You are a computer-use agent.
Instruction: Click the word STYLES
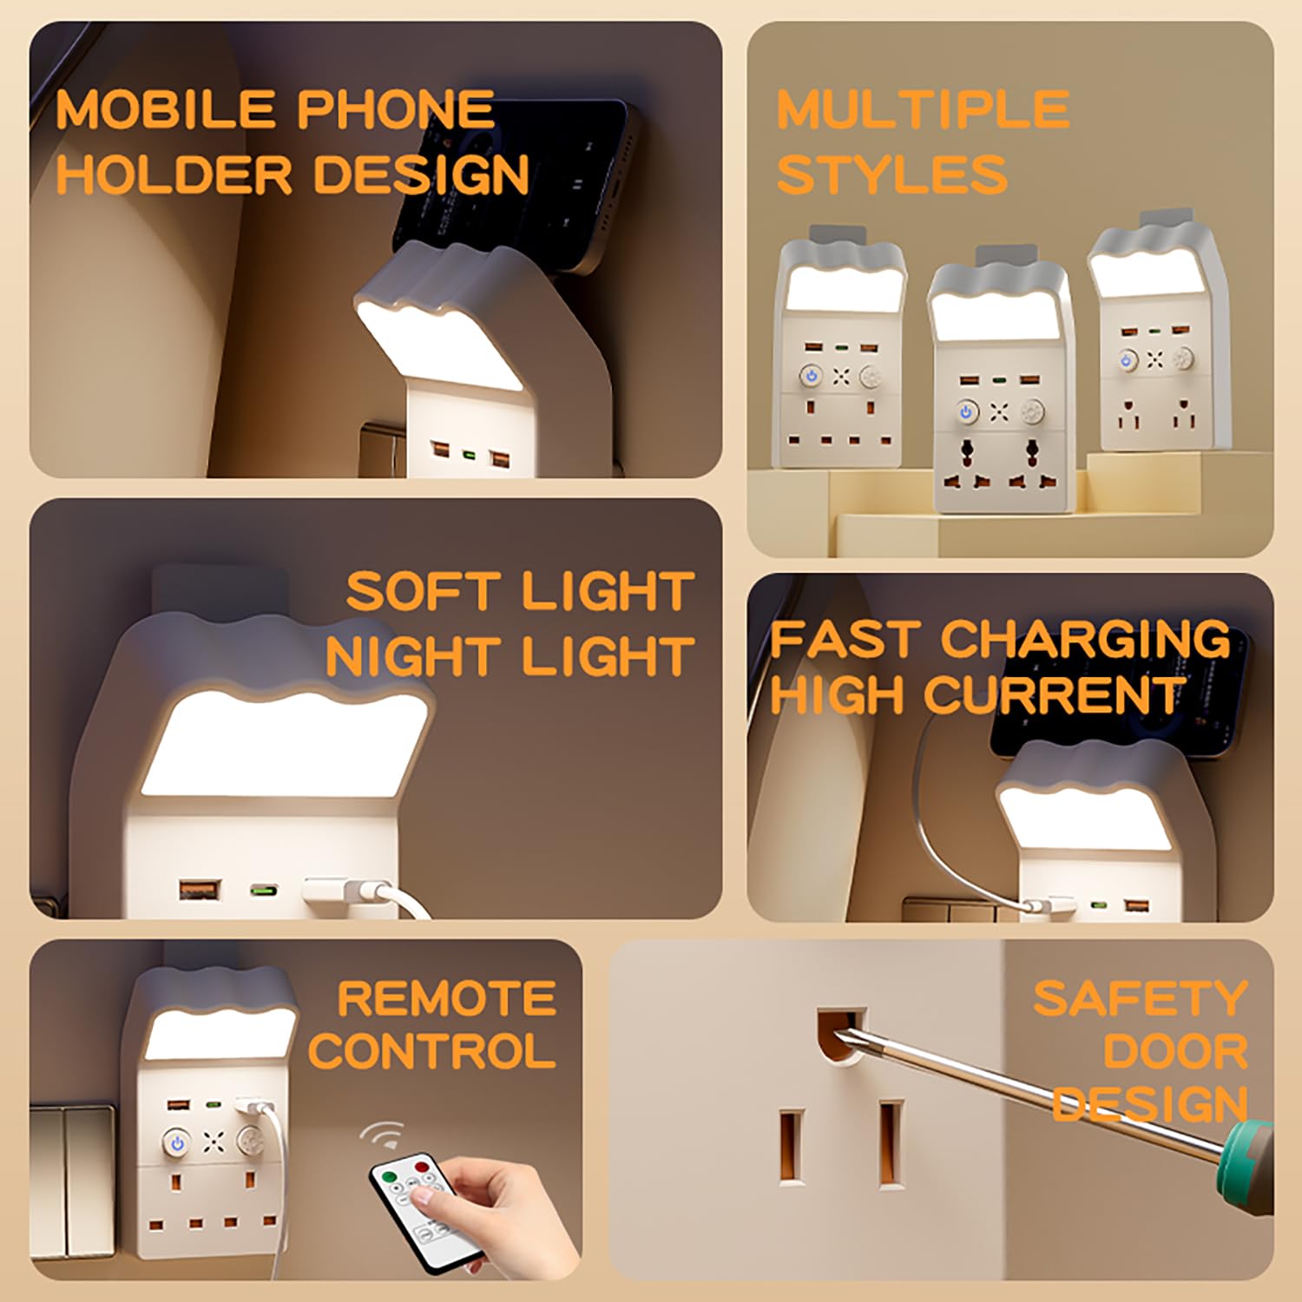click(x=892, y=174)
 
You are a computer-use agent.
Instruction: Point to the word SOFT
click(x=424, y=592)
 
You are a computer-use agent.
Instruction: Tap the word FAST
click(x=844, y=639)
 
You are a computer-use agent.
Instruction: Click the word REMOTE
click(x=446, y=998)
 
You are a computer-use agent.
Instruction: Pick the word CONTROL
click(x=432, y=1051)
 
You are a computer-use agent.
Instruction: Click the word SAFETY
click(x=1140, y=998)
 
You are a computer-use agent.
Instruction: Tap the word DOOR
click(x=1175, y=1051)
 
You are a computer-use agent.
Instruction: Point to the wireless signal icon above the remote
click(x=383, y=1135)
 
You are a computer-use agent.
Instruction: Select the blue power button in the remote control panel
click(x=177, y=1143)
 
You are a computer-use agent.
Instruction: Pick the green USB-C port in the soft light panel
click(x=264, y=890)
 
